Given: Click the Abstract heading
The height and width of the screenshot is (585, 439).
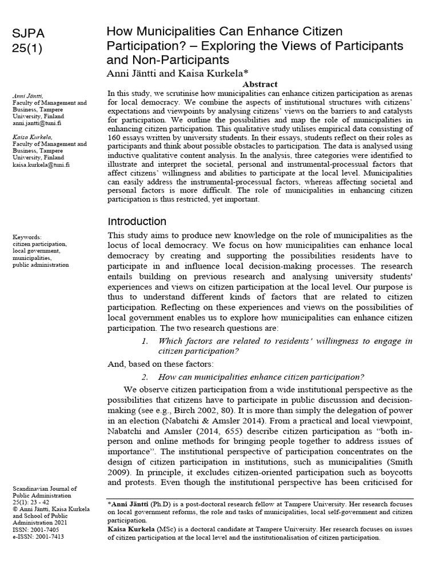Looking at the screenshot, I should pyautogui.click(x=260, y=84).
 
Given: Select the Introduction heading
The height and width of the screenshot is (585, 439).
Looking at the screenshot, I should pyautogui.click(x=137, y=222).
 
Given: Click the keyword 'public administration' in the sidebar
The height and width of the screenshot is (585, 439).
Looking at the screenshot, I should pyautogui.click(x=41, y=265).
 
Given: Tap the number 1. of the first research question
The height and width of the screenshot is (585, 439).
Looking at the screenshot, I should pyautogui.click(x=145, y=341).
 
